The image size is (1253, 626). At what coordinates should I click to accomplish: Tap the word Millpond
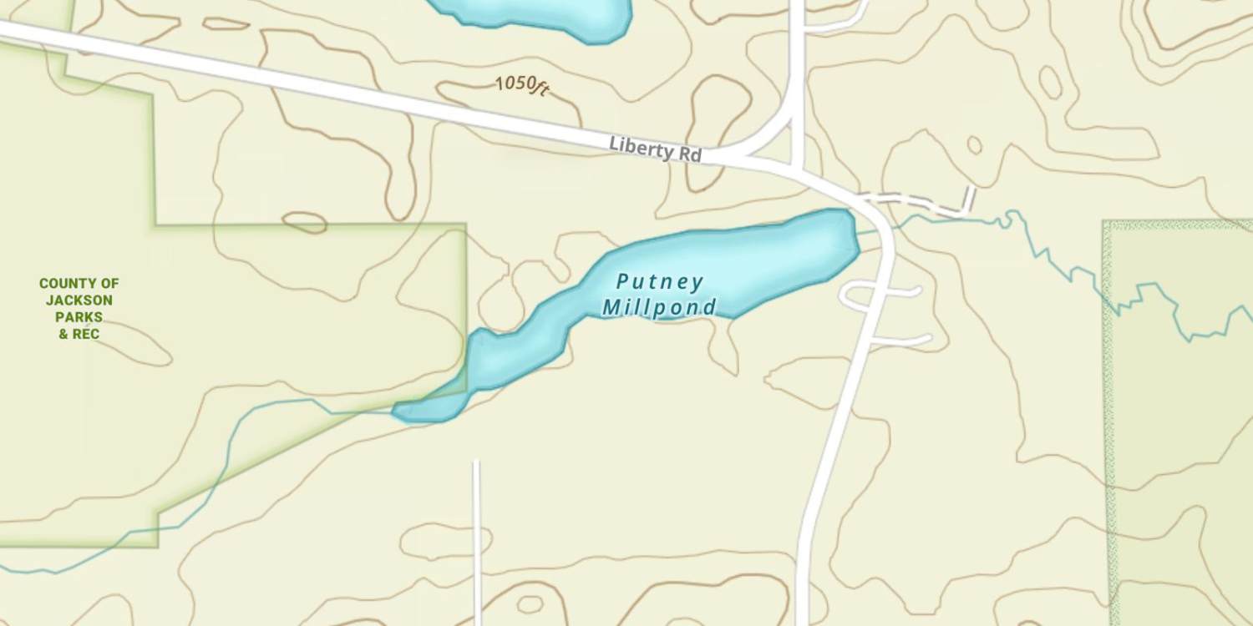(659, 307)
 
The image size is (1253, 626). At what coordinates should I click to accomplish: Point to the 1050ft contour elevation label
(521, 85)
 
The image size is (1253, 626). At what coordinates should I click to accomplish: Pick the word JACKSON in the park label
(79, 300)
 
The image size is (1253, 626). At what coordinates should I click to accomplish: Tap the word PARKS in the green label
(79, 317)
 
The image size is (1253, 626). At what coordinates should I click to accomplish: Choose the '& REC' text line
(79, 334)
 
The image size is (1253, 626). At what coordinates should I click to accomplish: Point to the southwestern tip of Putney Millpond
(401, 411)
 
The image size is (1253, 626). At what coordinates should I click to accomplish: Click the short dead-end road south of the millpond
(476, 534)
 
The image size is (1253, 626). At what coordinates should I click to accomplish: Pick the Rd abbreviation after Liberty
(689, 155)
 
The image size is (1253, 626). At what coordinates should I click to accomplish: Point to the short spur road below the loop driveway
(902, 341)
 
